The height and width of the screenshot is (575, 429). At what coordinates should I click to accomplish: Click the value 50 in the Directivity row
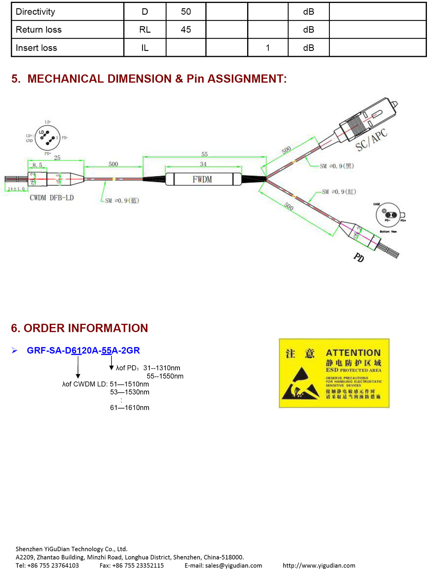coord(186,12)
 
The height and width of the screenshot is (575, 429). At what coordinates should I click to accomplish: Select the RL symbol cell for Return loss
coord(145,30)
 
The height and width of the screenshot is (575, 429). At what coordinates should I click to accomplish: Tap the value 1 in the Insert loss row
coord(268,48)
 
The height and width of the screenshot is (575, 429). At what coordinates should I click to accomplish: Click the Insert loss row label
coord(36,48)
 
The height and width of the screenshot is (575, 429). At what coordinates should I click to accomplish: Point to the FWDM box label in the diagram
coord(202,179)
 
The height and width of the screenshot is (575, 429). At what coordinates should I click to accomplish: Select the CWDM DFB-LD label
coord(52,198)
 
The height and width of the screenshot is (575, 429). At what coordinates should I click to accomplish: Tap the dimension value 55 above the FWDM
coord(204,154)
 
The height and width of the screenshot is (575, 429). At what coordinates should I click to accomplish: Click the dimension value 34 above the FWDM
coord(203,164)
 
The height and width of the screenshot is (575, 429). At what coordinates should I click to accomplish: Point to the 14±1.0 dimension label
coord(16,189)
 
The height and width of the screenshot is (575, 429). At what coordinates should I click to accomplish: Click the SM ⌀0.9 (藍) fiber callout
coord(122,201)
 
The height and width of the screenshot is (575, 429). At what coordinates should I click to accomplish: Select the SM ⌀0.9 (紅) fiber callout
coord(339,192)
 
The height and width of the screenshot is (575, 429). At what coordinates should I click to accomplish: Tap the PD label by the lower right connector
coord(359,257)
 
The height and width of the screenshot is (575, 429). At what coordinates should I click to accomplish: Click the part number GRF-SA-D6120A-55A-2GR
coord(83,350)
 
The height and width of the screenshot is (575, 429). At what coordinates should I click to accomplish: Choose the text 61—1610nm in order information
coord(129,408)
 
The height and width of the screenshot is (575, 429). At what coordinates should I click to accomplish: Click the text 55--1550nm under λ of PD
coord(165,376)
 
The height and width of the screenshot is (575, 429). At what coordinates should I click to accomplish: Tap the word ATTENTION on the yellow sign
coord(353,353)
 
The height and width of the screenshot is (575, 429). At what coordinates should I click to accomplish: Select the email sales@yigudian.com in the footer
coord(233,565)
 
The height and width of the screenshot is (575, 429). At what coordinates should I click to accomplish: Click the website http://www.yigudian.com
coord(319,565)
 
